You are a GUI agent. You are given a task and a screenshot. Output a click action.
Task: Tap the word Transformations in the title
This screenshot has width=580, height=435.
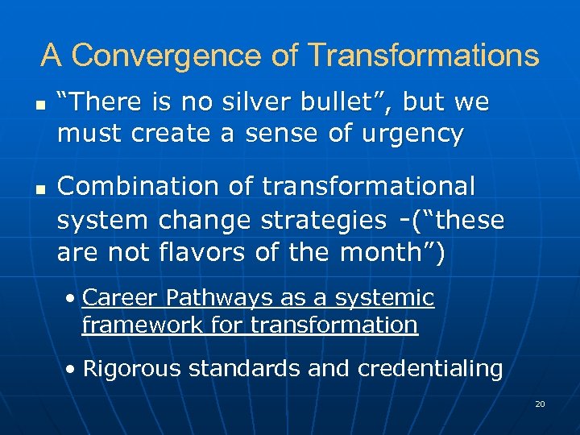coord(423,56)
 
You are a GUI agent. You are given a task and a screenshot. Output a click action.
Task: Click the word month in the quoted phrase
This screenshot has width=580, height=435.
coord(386,253)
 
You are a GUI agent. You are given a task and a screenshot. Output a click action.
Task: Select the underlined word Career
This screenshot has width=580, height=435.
coord(121,298)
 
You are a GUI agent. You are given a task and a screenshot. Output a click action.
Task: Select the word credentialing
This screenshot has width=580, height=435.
coord(430,369)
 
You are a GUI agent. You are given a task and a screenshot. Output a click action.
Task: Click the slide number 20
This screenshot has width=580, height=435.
coord(540,404)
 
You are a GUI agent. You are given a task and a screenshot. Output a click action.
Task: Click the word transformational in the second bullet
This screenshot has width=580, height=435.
coord(369,186)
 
